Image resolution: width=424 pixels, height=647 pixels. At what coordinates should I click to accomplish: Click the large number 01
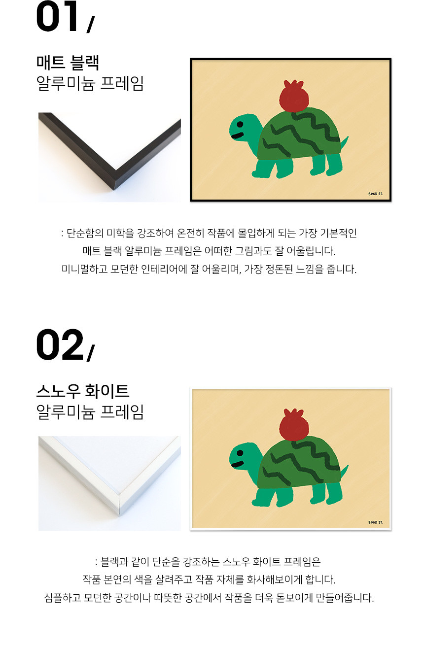pyautogui.click(x=57, y=16)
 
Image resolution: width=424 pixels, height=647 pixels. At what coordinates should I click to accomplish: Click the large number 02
pyautogui.click(x=60, y=345)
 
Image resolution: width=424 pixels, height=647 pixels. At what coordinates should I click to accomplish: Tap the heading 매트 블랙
pyautogui.click(x=68, y=63)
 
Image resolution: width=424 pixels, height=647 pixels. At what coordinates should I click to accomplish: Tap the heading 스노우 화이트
pyautogui.click(x=83, y=391)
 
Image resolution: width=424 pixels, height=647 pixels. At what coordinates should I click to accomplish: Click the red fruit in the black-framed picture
pyautogui.click(x=293, y=96)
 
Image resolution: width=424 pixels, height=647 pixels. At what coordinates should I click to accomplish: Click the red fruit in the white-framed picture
pyautogui.click(x=293, y=425)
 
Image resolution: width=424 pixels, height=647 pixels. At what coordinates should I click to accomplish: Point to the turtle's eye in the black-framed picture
pyautogui.click(x=240, y=125)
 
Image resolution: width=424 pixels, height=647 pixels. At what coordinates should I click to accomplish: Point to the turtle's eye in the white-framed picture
pyautogui.click(x=240, y=453)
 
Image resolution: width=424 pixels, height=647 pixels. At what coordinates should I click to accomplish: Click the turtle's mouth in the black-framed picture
pyautogui.click(x=238, y=136)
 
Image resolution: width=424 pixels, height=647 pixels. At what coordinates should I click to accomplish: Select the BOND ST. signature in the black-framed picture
pyautogui.click(x=376, y=194)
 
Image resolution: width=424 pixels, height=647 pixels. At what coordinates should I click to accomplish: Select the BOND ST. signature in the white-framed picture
pyautogui.click(x=376, y=522)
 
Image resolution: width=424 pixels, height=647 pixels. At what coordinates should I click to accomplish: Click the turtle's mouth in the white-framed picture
pyautogui.click(x=238, y=464)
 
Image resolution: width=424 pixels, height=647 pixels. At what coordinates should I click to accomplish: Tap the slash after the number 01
pyautogui.click(x=90, y=24)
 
